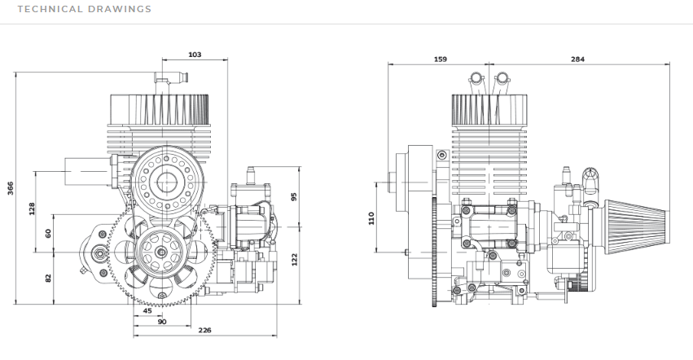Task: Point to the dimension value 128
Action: click(32, 209)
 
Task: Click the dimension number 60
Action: click(48, 233)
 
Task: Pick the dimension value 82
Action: click(48, 279)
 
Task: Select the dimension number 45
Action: click(147, 310)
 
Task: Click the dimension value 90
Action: click(162, 322)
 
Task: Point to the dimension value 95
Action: click(294, 195)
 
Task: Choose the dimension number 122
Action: click(294, 259)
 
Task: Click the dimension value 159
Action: click(441, 59)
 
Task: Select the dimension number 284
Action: click(577, 59)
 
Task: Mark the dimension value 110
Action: click(371, 218)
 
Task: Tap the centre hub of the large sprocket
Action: click(161, 252)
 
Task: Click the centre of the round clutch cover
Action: click(165, 182)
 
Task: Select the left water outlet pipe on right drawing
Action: click(476, 79)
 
